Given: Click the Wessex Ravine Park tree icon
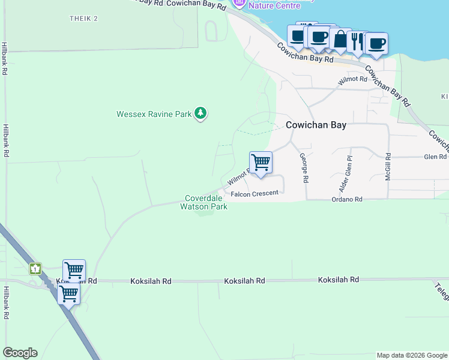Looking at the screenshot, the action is click(x=200, y=113).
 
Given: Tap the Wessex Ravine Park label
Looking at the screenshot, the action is click(x=154, y=113).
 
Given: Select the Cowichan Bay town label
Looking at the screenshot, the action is click(x=316, y=125).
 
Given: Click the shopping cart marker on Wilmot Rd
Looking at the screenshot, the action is click(x=261, y=162).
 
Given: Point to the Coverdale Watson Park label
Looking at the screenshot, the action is click(x=204, y=202).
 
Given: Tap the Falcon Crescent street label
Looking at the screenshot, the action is click(x=255, y=193).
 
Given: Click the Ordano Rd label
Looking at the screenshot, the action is click(x=347, y=199).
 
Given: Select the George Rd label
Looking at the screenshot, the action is click(x=305, y=167).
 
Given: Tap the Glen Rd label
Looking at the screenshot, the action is click(x=435, y=157).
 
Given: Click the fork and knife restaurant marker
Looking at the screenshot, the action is click(x=358, y=41).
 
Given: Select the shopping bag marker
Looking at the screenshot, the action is click(x=340, y=40).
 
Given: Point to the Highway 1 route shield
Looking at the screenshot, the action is click(x=36, y=268).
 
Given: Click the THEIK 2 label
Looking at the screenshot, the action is click(x=83, y=19).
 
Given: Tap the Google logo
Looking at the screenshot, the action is click(x=20, y=353).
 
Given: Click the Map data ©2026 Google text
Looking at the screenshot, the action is click(x=411, y=355).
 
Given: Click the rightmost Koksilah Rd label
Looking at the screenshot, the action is click(x=339, y=280).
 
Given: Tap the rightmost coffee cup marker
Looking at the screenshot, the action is click(x=376, y=44).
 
